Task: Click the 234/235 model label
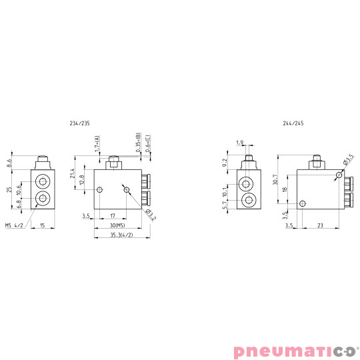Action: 79,123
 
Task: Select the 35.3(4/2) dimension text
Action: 121,235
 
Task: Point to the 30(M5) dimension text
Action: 117,225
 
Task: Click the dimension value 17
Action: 113,215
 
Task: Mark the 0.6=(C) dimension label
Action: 147,144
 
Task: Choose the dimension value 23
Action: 321,226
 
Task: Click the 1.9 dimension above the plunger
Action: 241,142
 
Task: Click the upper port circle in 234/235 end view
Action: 44,182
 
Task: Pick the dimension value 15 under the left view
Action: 43,225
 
